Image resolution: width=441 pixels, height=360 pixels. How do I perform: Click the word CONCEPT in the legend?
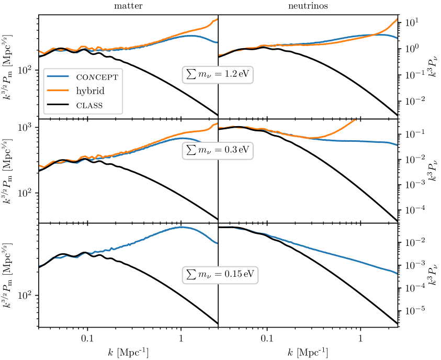(97, 77)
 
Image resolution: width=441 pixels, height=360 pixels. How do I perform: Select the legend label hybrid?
(90, 91)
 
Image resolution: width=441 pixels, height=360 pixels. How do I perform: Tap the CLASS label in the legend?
(89, 105)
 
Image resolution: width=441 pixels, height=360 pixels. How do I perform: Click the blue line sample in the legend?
(58, 76)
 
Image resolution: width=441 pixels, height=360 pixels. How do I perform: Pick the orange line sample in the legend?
(58, 91)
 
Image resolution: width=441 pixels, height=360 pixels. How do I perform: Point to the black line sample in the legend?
(58, 105)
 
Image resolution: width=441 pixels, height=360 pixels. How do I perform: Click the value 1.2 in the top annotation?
(230, 74)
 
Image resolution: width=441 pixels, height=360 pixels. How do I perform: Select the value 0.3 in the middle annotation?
(230, 151)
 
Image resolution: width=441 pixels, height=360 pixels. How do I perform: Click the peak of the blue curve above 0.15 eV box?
(182, 227)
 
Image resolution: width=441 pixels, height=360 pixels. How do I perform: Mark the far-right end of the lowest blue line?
(397, 273)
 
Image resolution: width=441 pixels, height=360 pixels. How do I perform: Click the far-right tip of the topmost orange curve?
(397, 19)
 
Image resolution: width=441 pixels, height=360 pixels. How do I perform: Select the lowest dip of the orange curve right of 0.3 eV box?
(312, 138)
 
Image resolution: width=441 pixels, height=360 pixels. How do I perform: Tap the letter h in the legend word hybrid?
(78, 91)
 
